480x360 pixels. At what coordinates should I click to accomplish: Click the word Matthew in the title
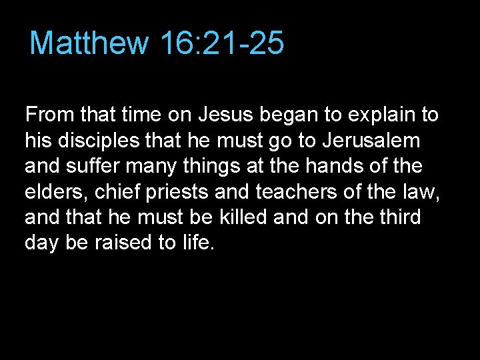point(89,43)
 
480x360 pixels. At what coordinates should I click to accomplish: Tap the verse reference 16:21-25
point(222,43)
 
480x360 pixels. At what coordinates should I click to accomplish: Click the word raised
point(121,243)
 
